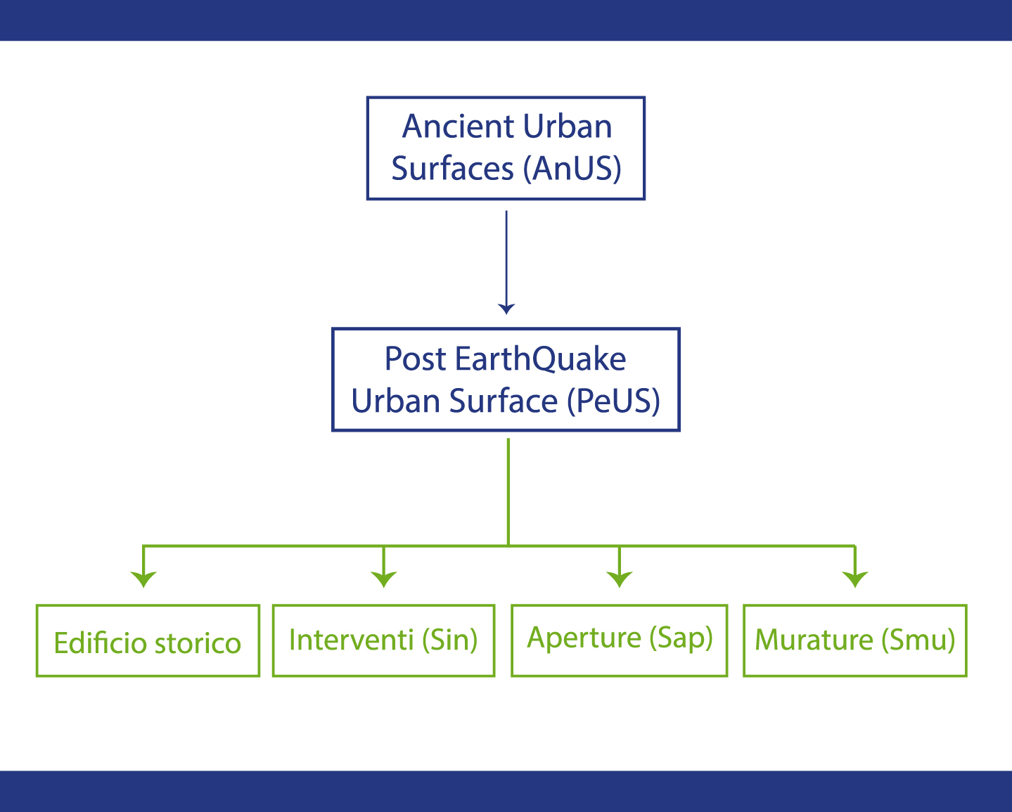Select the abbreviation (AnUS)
pos(572,168)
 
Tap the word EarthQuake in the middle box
pos(540,359)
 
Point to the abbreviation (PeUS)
pos(614,401)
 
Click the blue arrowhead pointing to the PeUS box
pos(506,309)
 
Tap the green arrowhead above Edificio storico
pos(143,579)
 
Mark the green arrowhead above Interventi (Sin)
pos(384,579)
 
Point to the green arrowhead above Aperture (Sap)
pos(620,579)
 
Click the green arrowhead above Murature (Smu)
pos(855,579)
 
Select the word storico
pos(198,643)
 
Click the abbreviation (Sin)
pos(450,640)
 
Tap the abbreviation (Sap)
pos(681,638)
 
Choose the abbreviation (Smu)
pos(918,640)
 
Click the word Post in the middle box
pos(415,359)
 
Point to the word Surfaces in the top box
pos(452,168)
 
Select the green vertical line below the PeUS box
pos(508,492)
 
